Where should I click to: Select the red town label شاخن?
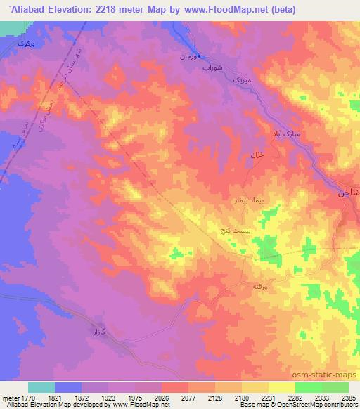pyautogui.click(x=349, y=191)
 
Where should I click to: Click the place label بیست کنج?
pyautogui.click(x=231, y=230)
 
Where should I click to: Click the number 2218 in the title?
pyautogui.click(x=129, y=9)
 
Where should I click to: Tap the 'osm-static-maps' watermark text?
pyautogui.click(x=329, y=374)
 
